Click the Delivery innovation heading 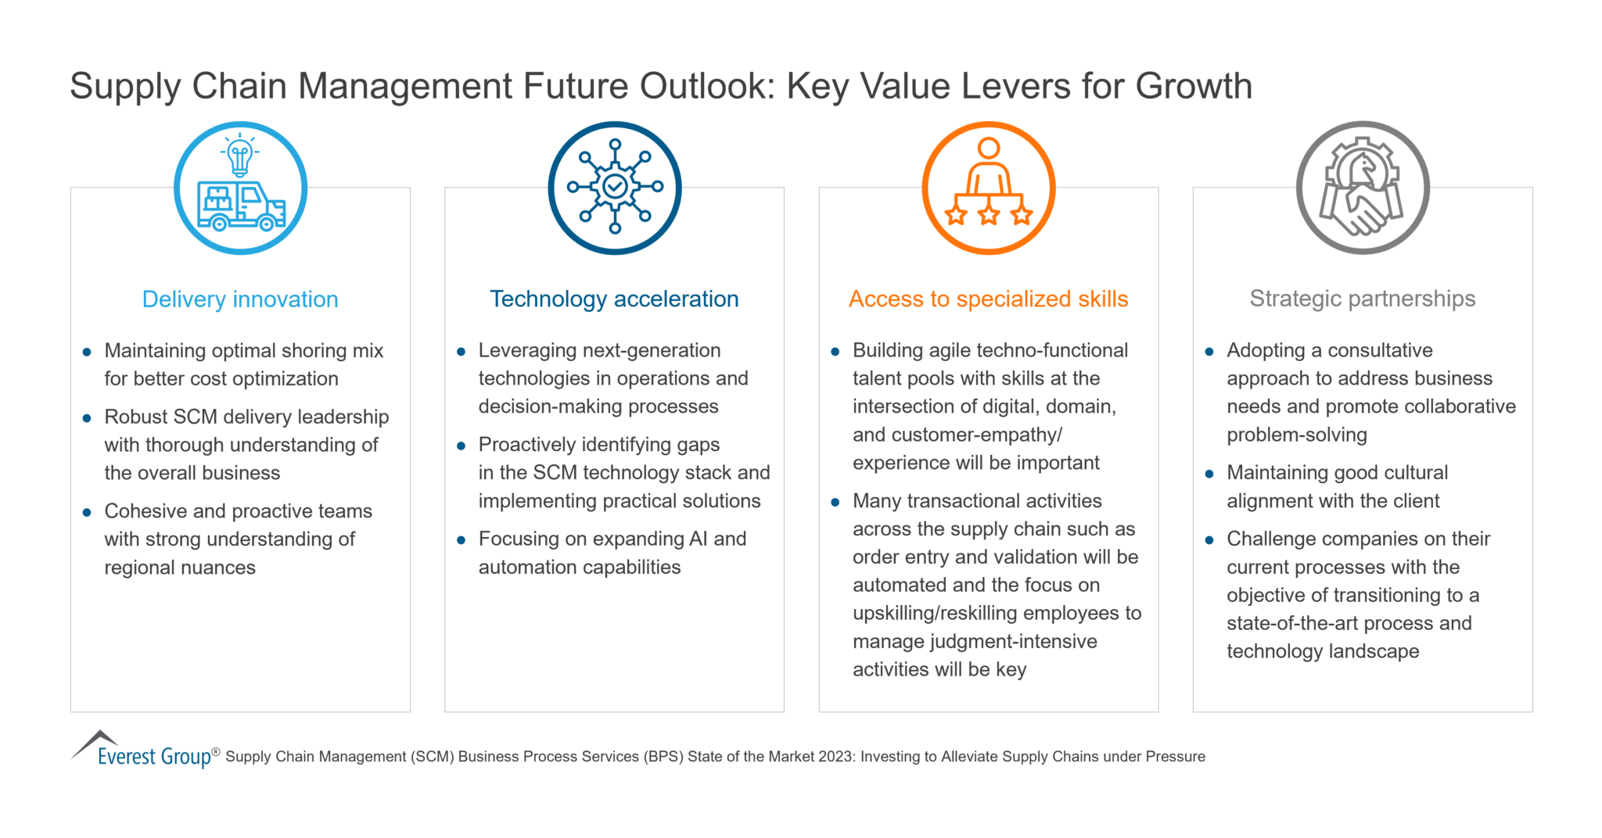pyautogui.click(x=240, y=299)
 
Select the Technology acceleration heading pyautogui.click(x=614, y=299)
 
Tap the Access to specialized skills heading pyautogui.click(x=988, y=299)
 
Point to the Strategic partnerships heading pyautogui.click(x=1362, y=299)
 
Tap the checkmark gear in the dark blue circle pyautogui.click(x=615, y=187)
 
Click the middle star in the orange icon pyautogui.click(x=989, y=215)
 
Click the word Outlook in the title pyautogui.click(x=706, y=86)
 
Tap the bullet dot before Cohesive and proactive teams pyautogui.click(x=87, y=513)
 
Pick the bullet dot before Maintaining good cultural pyautogui.click(x=1209, y=475)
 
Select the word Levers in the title pyautogui.click(x=1018, y=86)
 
